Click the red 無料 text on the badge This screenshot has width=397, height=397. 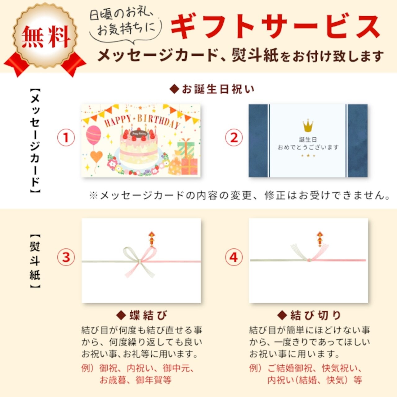click(x=46, y=37)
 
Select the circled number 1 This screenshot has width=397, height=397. click(x=66, y=138)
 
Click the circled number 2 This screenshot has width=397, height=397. click(x=234, y=138)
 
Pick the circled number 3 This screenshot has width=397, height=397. click(x=66, y=257)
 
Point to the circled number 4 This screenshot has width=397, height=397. click(x=234, y=257)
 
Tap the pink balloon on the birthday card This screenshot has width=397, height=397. click(x=94, y=135)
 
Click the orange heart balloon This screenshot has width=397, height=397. click(x=96, y=157)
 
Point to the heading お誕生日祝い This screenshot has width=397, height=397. click(x=212, y=90)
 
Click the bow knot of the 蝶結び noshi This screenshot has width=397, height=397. click(x=140, y=262)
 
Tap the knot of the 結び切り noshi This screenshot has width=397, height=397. click(x=309, y=260)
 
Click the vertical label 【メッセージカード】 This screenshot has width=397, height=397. click(x=35, y=141)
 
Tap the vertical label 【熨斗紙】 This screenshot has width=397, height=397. click(x=35, y=261)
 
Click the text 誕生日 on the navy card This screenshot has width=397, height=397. click(x=308, y=140)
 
